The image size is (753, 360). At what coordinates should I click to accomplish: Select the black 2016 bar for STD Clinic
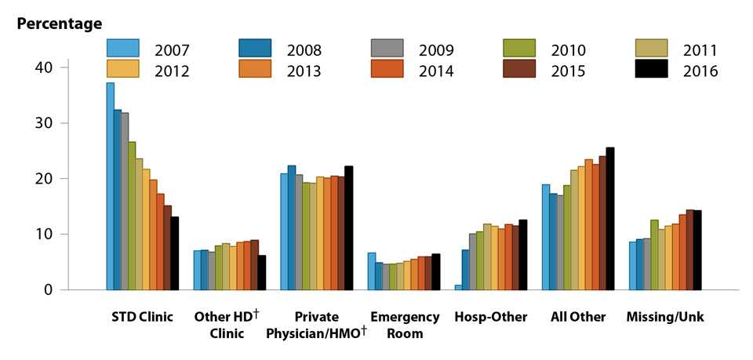click(x=175, y=253)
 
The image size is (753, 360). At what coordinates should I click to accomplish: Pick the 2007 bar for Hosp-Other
click(x=458, y=287)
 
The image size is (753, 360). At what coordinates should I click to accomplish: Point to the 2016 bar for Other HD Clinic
click(x=262, y=272)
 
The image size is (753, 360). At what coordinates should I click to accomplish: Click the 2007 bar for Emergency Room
click(x=371, y=271)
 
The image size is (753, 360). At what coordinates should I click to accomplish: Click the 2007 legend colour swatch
click(x=122, y=49)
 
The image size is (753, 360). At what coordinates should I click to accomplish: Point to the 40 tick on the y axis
click(x=43, y=67)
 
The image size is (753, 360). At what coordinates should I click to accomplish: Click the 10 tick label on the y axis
click(x=43, y=235)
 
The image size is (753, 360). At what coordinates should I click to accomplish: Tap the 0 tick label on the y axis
click(x=48, y=290)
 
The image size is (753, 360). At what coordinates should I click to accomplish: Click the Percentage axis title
click(x=60, y=24)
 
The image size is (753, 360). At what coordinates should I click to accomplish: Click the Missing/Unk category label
click(x=664, y=318)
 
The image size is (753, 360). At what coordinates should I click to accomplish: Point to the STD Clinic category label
click(x=142, y=318)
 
